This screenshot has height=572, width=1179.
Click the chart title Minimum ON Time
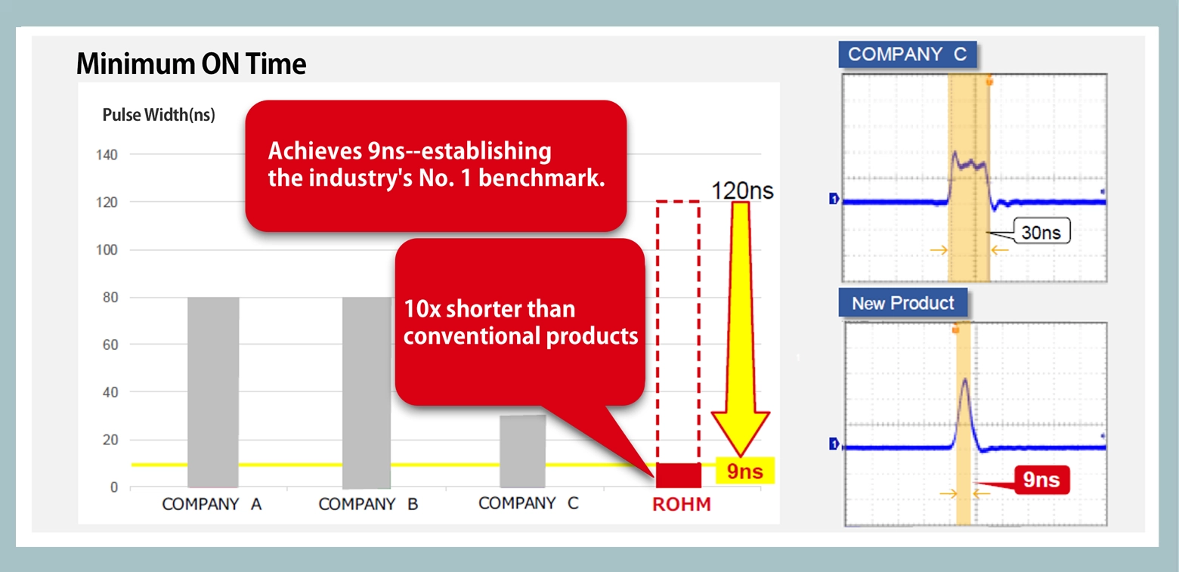coord(191,64)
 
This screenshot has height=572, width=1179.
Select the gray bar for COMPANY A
coord(213,392)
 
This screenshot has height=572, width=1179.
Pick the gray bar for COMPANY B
coord(367,392)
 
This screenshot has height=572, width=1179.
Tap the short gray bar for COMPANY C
coord(523,451)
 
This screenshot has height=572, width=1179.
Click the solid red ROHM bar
coord(679,475)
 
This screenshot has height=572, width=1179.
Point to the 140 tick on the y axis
coord(107,155)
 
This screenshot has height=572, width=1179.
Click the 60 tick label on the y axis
coord(110,345)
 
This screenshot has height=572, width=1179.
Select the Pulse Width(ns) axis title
coord(159,115)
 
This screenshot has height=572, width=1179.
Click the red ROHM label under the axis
coord(682,504)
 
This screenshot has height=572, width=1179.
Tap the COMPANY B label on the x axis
coord(368,504)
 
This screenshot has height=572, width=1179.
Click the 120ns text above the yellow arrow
coord(742,190)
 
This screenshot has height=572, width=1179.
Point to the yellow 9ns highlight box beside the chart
coord(744,471)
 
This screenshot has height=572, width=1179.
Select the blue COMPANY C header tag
coord(908,54)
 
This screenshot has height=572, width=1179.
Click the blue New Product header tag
coord(902,302)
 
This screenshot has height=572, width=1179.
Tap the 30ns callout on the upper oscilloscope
coord(1041,232)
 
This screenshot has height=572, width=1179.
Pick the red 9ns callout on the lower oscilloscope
coord(1041,479)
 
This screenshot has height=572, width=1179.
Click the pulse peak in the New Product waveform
coord(965,379)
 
